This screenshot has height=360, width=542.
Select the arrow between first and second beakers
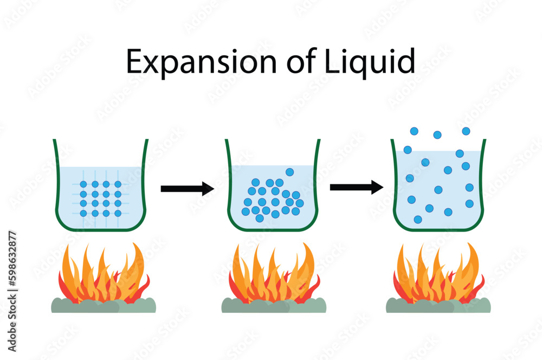(x=187, y=189)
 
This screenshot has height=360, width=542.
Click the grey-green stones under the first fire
(x=103, y=306)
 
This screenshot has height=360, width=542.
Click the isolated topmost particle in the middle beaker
(x=290, y=172)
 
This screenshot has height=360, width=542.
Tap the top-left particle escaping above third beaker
(x=414, y=131)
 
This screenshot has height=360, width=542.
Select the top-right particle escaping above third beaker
(x=466, y=131)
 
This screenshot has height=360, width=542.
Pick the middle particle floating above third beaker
(x=437, y=134)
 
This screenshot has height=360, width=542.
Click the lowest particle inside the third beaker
(x=418, y=220)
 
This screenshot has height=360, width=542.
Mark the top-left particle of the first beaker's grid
(x=83, y=184)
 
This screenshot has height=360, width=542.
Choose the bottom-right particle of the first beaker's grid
(x=118, y=214)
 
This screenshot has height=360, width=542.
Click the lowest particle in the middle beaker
(x=260, y=218)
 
